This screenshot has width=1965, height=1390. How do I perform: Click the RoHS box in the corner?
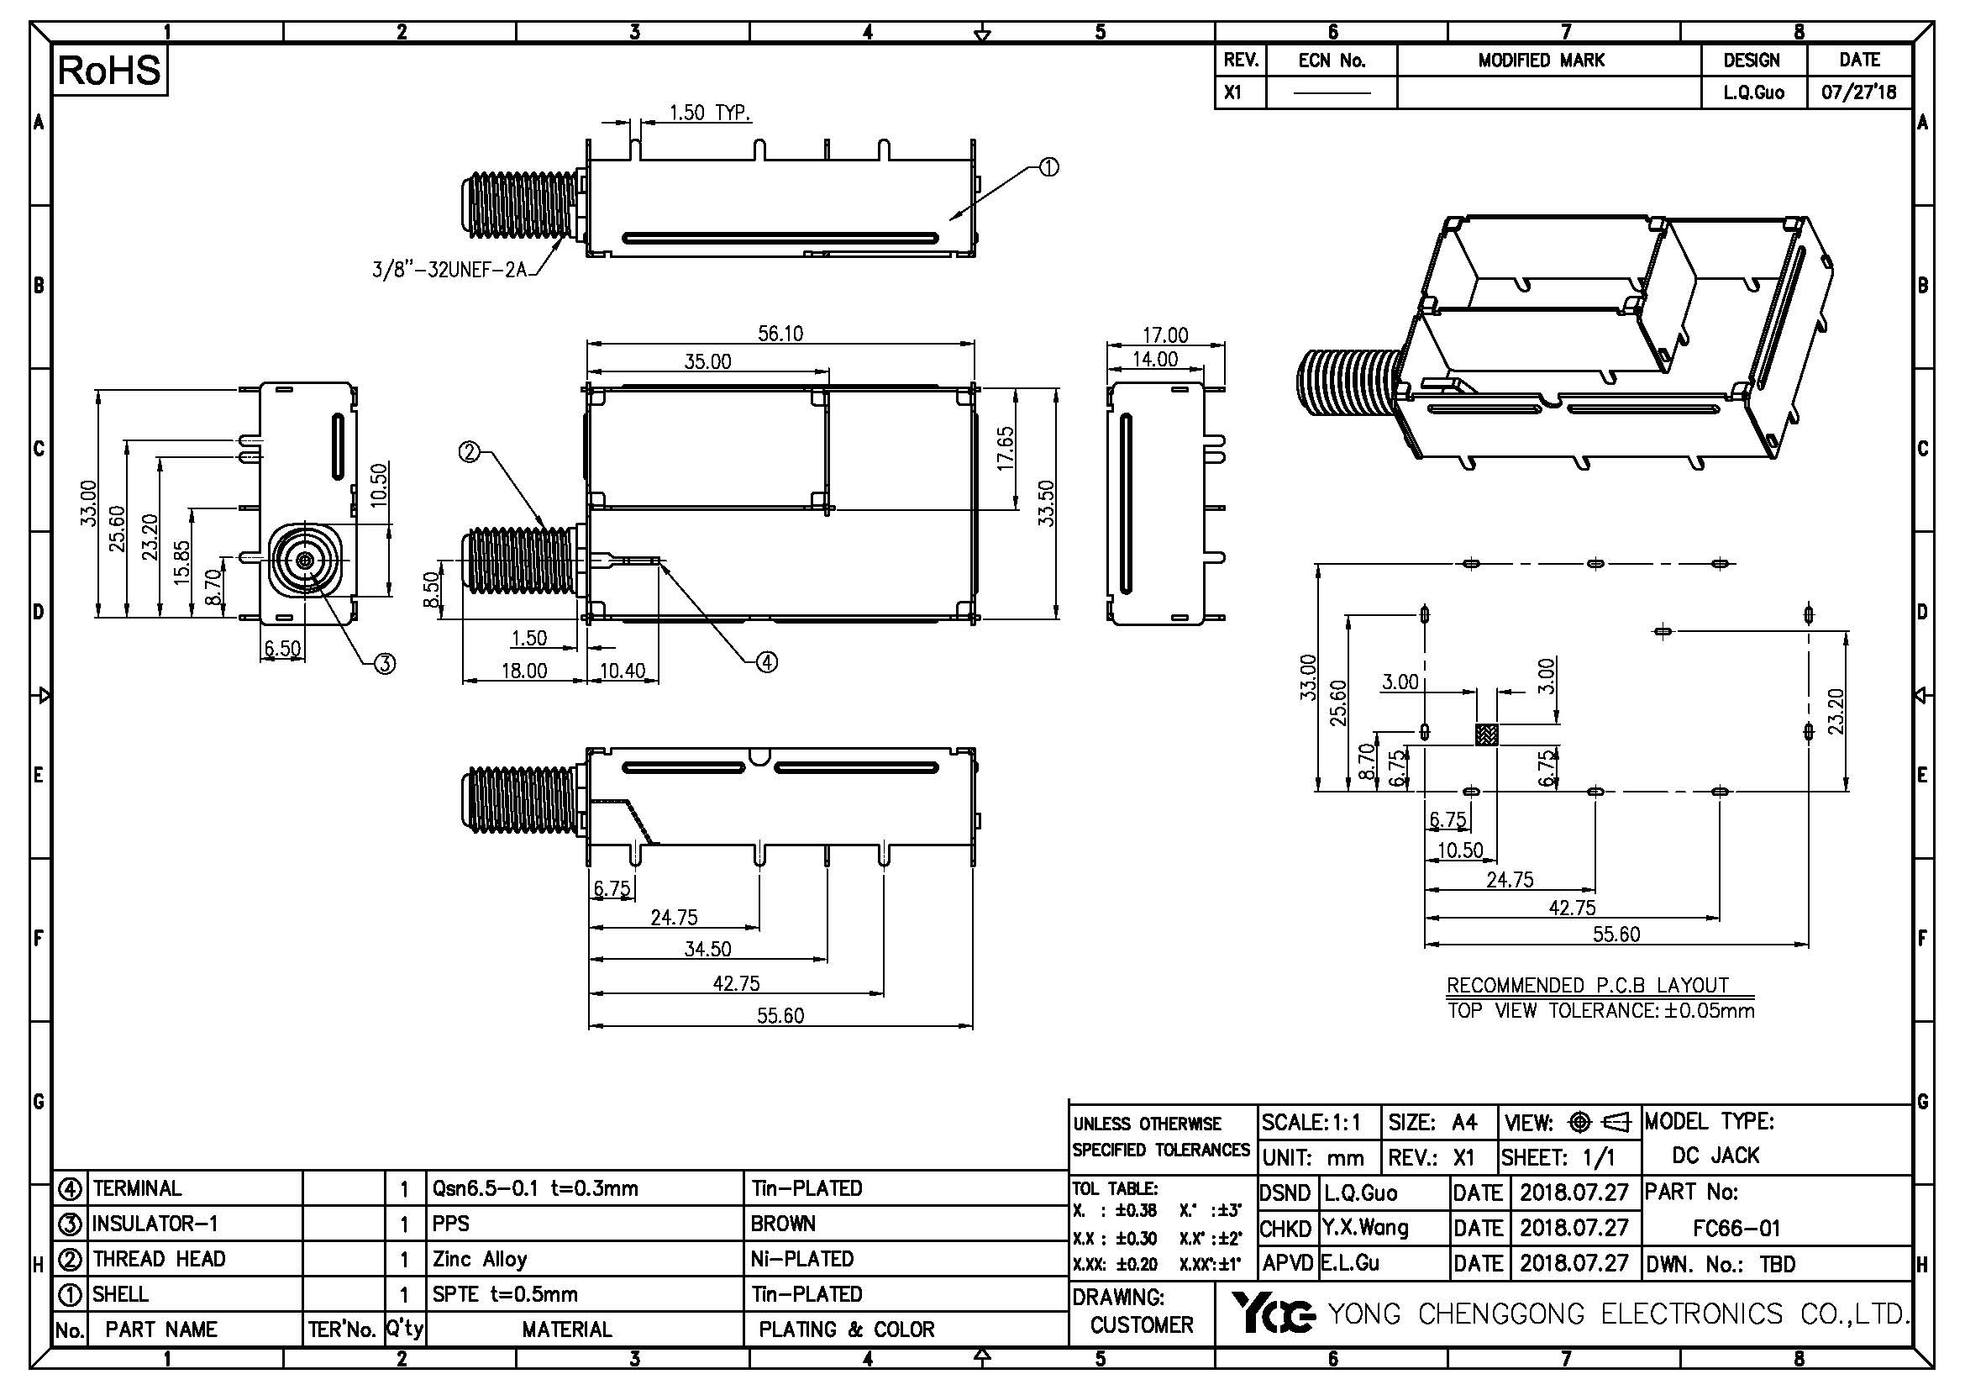coord(108,71)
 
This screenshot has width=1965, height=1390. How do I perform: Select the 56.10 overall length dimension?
coord(780,334)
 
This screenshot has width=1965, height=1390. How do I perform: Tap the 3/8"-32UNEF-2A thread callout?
coord(449,270)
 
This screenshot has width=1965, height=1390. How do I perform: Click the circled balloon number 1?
coord(1048,167)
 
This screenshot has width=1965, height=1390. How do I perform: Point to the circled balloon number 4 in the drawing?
coord(766,661)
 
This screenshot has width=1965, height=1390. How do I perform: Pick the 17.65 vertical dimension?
coord(1006,448)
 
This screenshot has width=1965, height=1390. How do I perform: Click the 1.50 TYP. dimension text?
coord(710,113)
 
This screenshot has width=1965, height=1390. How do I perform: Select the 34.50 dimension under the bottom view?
coord(707,948)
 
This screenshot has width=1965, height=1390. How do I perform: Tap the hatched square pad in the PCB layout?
coord(1487,734)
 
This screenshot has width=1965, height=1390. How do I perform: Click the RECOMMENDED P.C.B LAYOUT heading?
coord(1587,985)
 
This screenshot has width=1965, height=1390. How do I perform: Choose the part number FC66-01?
coord(1736,1229)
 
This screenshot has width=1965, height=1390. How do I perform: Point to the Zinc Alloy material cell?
coord(479,1259)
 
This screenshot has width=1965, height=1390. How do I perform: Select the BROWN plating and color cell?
coord(783,1224)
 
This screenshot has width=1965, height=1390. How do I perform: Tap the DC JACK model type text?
coord(1715,1156)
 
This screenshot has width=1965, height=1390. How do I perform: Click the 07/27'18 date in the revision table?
coord(1859,92)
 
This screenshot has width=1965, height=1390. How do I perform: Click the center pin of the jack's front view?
coord(307,560)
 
